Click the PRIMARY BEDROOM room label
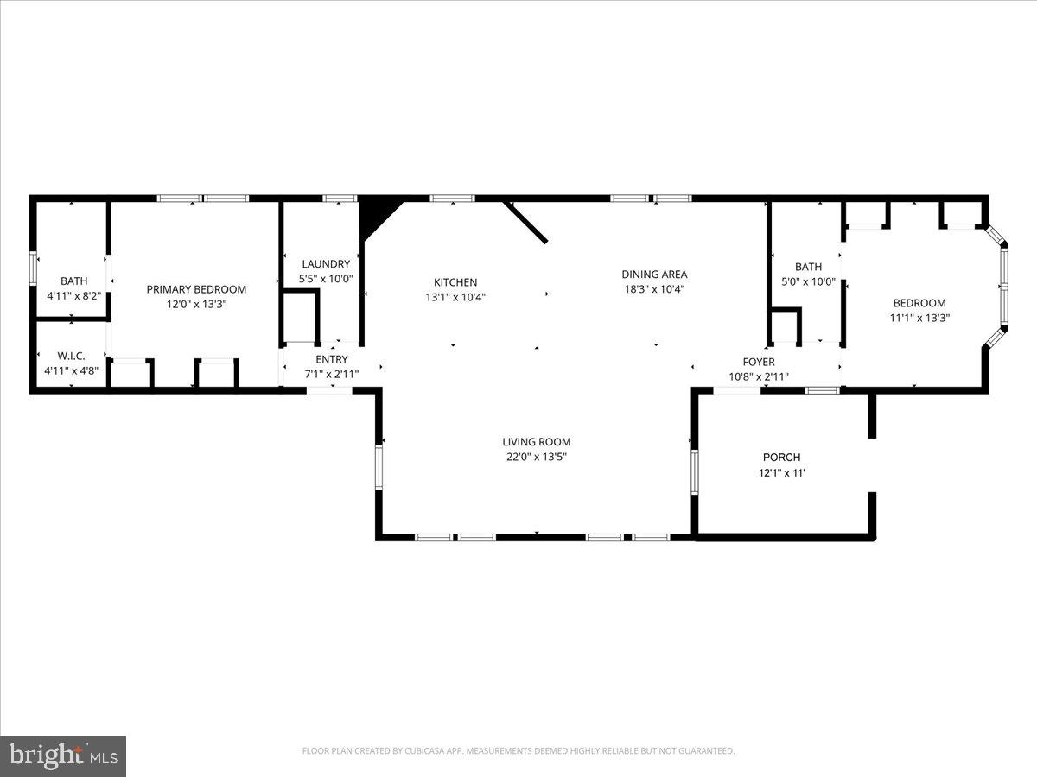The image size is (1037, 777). point(196,289)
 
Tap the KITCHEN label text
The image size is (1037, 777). point(455,282)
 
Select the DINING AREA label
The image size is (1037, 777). point(654,275)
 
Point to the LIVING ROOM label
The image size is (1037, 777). point(537,442)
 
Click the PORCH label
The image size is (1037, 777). point(781,457)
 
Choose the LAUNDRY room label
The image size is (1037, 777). point(326,264)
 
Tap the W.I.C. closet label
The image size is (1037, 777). point(71,356)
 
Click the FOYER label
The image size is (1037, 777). point(759,362)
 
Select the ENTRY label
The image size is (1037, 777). point(332,359)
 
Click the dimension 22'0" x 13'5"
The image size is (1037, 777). point(537,458)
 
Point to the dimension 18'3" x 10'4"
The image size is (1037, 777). point(654,290)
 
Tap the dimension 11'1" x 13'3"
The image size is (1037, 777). point(919,318)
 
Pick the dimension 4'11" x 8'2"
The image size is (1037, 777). point(73,296)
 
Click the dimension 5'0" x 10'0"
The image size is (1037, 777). point(808,281)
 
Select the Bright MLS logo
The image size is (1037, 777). point(63,755)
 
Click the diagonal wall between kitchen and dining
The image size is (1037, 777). point(525,223)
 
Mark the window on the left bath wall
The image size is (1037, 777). point(34,268)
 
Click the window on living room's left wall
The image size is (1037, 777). point(379,466)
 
